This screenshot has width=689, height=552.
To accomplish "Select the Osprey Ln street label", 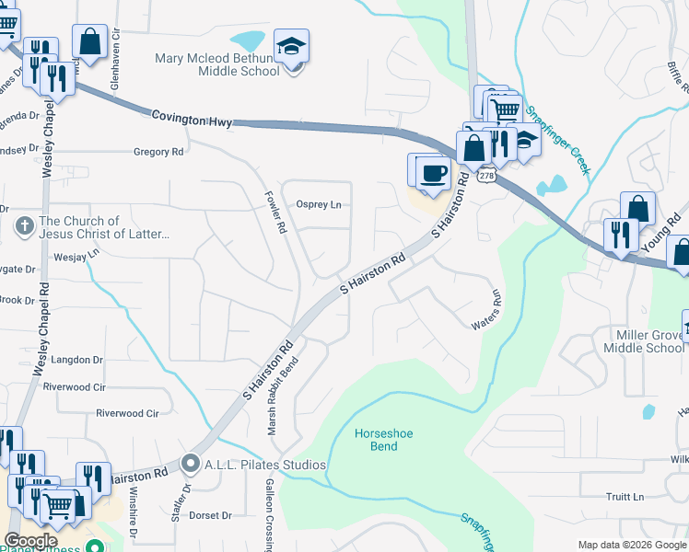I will click(x=319, y=204).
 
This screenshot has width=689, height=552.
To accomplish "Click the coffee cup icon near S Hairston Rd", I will click(x=433, y=172).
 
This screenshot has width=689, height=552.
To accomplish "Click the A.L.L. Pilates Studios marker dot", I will click(x=191, y=463).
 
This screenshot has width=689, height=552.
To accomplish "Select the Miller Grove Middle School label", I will click(x=644, y=340).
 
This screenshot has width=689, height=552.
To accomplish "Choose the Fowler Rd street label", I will click(x=279, y=212).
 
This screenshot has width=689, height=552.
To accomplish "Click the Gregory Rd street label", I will click(x=158, y=152).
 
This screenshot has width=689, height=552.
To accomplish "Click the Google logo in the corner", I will click(x=31, y=540).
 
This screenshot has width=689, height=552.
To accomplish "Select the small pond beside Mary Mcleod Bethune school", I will click(x=246, y=41).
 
